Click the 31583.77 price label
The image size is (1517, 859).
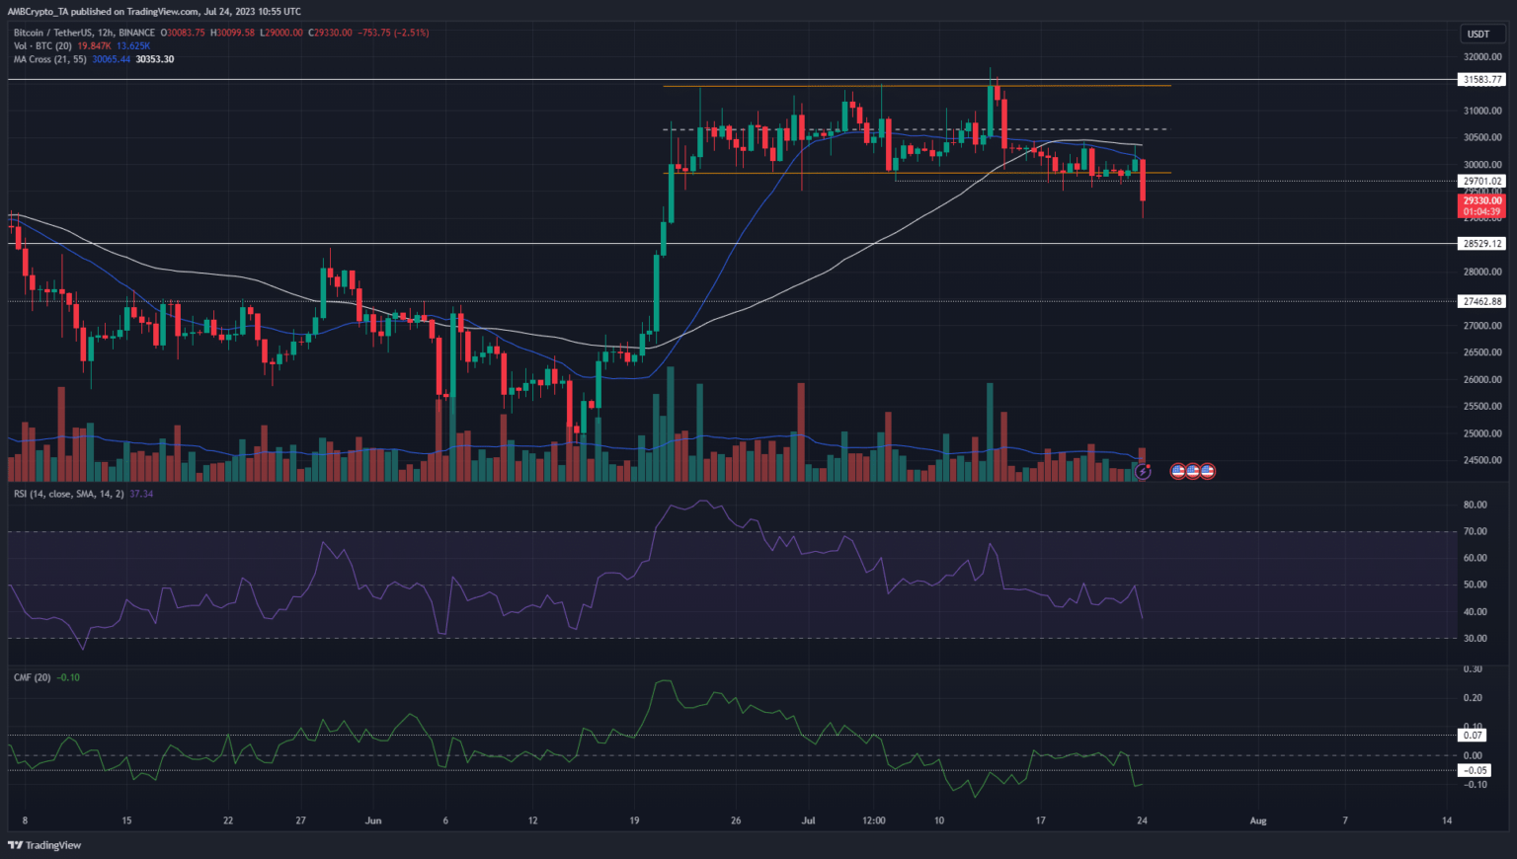click(1482, 80)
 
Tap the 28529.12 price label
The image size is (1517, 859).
click(1482, 244)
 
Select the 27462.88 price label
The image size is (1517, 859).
click(1482, 301)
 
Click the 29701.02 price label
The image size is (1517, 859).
click(1482, 182)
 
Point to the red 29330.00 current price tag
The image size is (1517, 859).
click(1482, 200)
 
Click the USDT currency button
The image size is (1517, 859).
click(1477, 34)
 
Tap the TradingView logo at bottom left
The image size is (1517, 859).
click(44, 845)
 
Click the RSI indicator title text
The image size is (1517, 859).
click(68, 494)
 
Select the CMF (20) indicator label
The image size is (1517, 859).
click(33, 677)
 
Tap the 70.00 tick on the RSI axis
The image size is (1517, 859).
click(1476, 531)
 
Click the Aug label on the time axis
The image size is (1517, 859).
click(1257, 820)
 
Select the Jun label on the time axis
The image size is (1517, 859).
click(373, 820)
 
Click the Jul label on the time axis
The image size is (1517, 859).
click(808, 820)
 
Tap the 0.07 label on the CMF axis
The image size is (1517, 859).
click(1474, 736)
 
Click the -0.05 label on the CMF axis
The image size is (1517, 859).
click(1475, 770)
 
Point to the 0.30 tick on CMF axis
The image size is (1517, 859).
click(1473, 669)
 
